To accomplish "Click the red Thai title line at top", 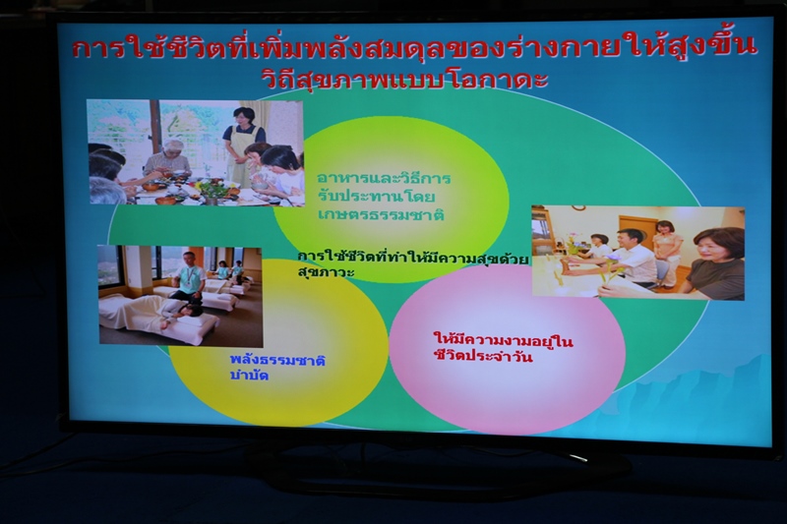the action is click(414, 48).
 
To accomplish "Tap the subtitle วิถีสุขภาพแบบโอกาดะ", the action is click(404, 81).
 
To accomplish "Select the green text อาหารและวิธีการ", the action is click(384, 178).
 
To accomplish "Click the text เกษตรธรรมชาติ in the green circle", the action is click(381, 214).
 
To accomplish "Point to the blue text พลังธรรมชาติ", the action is click(277, 360).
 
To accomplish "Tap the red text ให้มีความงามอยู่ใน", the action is click(504, 340).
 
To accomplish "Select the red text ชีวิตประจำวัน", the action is click(483, 357).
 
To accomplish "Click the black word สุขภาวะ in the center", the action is click(326, 272).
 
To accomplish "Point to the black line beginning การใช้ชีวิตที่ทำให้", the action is click(412, 259).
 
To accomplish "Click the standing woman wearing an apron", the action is click(243, 146).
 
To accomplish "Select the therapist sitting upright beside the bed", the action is click(187, 277).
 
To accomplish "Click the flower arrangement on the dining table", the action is click(211, 191).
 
